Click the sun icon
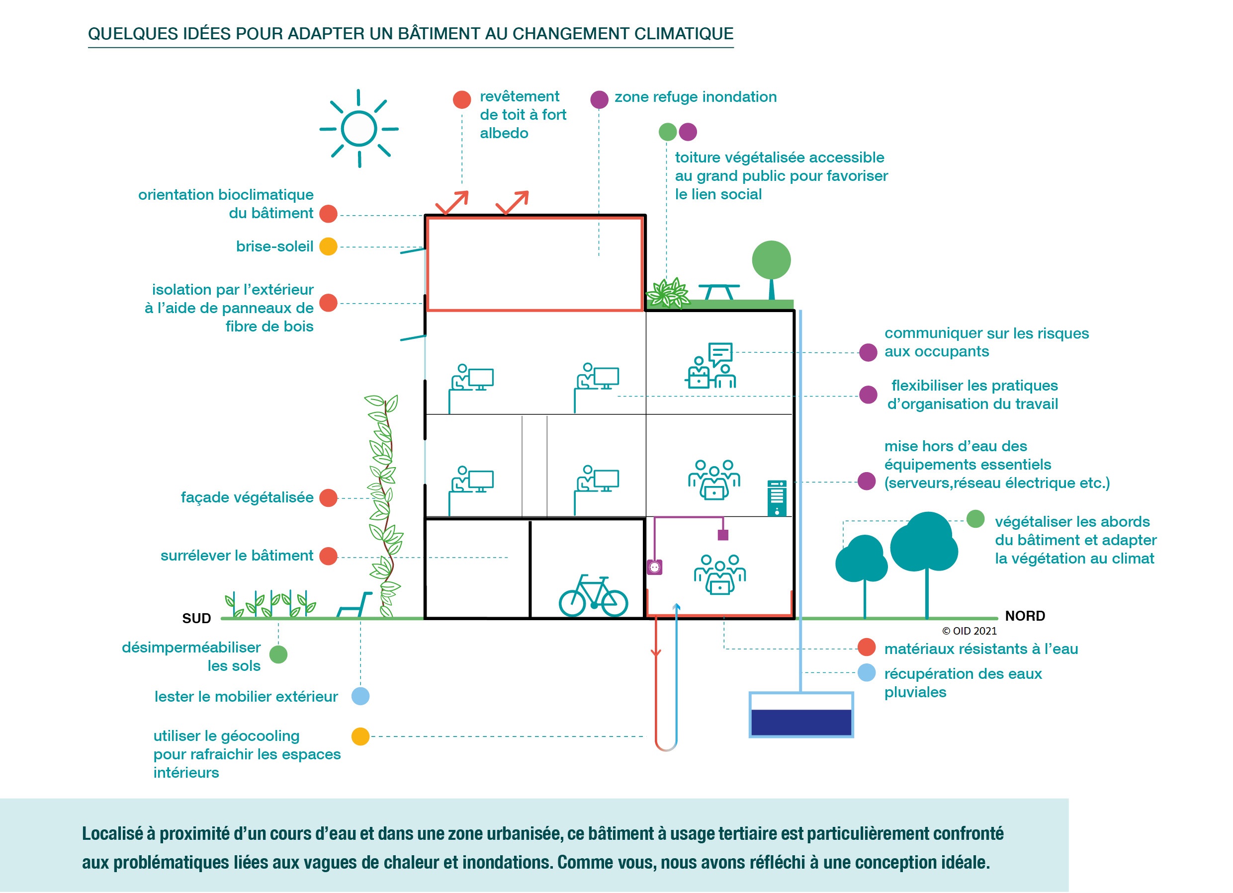click(359, 129)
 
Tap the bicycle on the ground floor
click(593, 596)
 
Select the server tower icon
click(777, 498)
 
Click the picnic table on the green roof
click(719, 292)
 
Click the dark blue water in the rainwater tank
click(801, 722)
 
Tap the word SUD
click(196, 619)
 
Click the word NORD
click(1025, 616)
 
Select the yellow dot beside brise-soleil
click(328, 246)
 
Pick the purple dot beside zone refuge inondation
click(599, 99)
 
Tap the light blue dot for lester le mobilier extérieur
click(360, 696)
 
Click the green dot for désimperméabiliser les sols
click(278, 654)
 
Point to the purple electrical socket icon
click(655, 568)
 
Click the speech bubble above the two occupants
click(720, 354)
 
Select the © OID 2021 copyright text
click(969, 631)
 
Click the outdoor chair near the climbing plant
click(354, 605)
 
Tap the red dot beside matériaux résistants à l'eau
click(867, 647)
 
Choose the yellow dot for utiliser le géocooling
click(360, 736)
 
